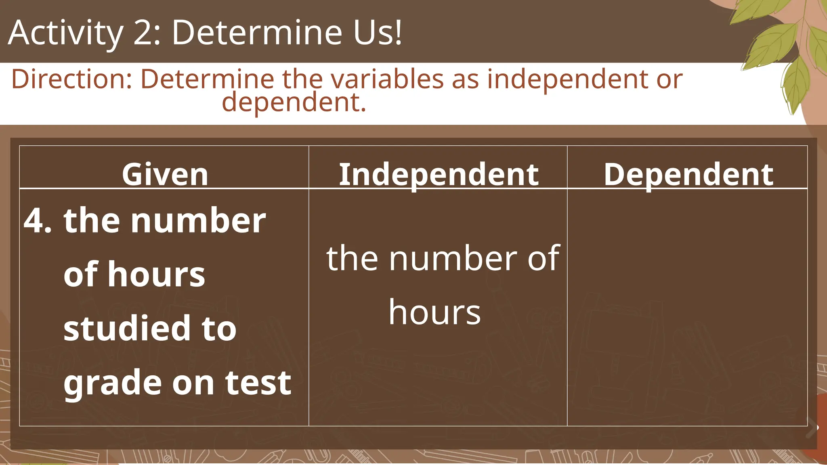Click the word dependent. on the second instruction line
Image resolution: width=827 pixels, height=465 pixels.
[294, 103]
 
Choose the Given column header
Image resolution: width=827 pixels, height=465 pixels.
[165, 174]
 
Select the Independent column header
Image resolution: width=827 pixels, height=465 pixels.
[439, 174]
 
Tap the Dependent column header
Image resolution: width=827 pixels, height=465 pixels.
[688, 174]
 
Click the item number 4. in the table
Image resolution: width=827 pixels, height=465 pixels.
[38, 221]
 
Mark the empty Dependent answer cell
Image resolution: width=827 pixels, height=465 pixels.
[687, 307]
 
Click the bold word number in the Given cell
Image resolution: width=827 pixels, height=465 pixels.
[198, 221]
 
